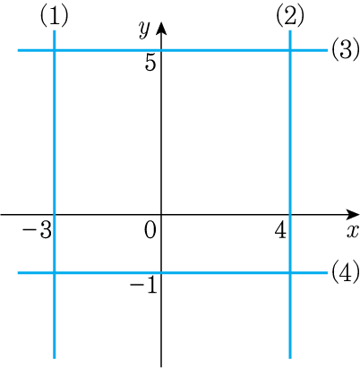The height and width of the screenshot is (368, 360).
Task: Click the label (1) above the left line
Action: point(55,16)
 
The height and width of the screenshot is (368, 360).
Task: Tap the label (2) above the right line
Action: point(290,16)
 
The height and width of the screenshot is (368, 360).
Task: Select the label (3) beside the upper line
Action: point(346,50)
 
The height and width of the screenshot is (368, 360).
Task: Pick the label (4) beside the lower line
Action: point(346,272)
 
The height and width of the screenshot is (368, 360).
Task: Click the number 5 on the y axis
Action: point(150,64)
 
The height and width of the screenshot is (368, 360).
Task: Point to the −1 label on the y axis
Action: point(143,286)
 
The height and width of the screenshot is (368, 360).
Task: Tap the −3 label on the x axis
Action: point(37,232)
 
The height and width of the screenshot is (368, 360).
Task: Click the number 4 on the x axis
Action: point(280,231)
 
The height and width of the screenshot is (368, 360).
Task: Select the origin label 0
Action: point(150,231)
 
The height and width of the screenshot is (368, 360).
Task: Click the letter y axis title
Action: point(144,30)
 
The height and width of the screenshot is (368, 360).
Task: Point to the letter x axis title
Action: point(353,232)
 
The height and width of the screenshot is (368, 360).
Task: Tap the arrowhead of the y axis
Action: point(161,28)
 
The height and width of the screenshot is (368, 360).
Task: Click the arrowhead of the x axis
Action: point(354,214)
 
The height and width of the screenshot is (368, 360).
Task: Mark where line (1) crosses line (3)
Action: point(55,50)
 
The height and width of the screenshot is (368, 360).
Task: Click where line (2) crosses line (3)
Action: point(290,50)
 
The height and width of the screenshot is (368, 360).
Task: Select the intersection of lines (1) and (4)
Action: point(55,272)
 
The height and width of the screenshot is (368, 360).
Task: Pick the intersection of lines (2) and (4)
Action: point(290,272)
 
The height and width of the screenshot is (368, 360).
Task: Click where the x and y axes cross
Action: point(161,214)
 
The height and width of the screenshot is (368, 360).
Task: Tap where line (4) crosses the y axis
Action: point(161,272)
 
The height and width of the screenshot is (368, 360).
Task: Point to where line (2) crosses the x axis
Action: point(290,214)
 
